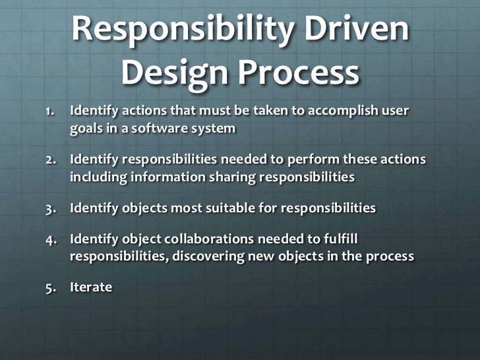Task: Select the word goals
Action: tap(88, 129)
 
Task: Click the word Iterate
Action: tap(91, 288)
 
